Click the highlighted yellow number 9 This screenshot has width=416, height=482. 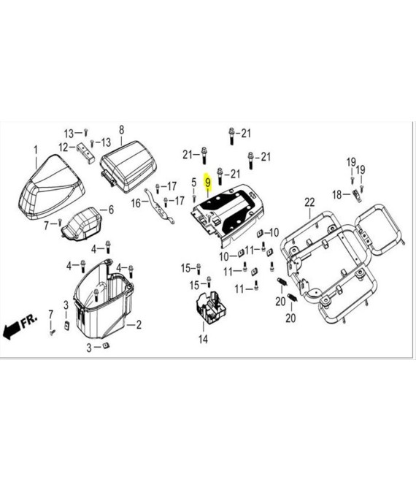(x=208, y=183)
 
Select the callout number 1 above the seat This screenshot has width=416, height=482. (x=36, y=150)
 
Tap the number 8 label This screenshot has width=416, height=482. (x=121, y=130)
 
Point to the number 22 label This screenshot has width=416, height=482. (x=309, y=202)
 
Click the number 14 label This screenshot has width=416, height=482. (x=203, y=340)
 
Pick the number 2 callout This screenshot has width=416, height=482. (x=139, y=324)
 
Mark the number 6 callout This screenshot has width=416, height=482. (x=111, y=210)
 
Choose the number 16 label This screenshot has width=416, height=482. (x=136, y=203)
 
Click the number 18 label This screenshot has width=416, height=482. (x=337, y=194)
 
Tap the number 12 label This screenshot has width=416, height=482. (x=63, y=148)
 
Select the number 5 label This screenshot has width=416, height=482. (x=193, y=182)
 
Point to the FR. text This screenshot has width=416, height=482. (x=29, y=321)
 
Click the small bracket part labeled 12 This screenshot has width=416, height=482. (x=85, y=152)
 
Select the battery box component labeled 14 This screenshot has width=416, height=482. (x=211, y=307)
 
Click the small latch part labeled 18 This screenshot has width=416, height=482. (x=357, y=195)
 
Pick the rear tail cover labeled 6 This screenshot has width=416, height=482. (x=82, y=223)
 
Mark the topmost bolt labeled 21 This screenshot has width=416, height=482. (x=231, y=135)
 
